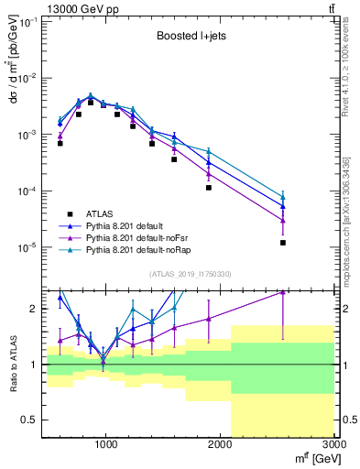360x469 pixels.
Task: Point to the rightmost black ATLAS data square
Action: click(x=283, y=243)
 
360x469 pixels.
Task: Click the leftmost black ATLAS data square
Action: click(x=60, y=144)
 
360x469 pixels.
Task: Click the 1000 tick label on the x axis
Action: click(x=106, y=446)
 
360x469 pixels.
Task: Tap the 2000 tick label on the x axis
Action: click(x=221, y=446)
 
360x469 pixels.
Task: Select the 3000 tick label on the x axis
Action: click(x=334, y=446)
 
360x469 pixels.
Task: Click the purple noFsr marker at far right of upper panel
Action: click(x=283, y=221)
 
